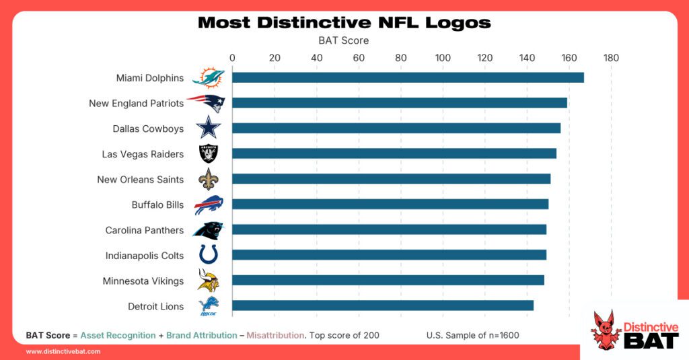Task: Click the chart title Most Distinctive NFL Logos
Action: pos(344,23)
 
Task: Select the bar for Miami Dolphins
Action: pos(408,77)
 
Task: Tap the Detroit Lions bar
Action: pos(383,305)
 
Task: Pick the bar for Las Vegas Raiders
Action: pos(394,153)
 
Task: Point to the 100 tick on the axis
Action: pos(443,58)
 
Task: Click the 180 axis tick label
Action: pos(611,58)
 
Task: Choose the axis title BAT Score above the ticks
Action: pos(343,40)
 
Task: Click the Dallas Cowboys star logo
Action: pos(208,129)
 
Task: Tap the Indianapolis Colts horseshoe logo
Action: pos(208,255)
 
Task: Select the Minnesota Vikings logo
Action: pos(208,280)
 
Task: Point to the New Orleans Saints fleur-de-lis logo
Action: pos(208,179)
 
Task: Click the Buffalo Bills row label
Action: pos(157,205)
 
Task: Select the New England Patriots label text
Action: pos(136,104)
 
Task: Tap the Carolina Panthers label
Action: pos(144,230)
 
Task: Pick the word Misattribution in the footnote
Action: pos(275,335)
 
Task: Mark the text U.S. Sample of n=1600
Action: pos(472,335)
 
